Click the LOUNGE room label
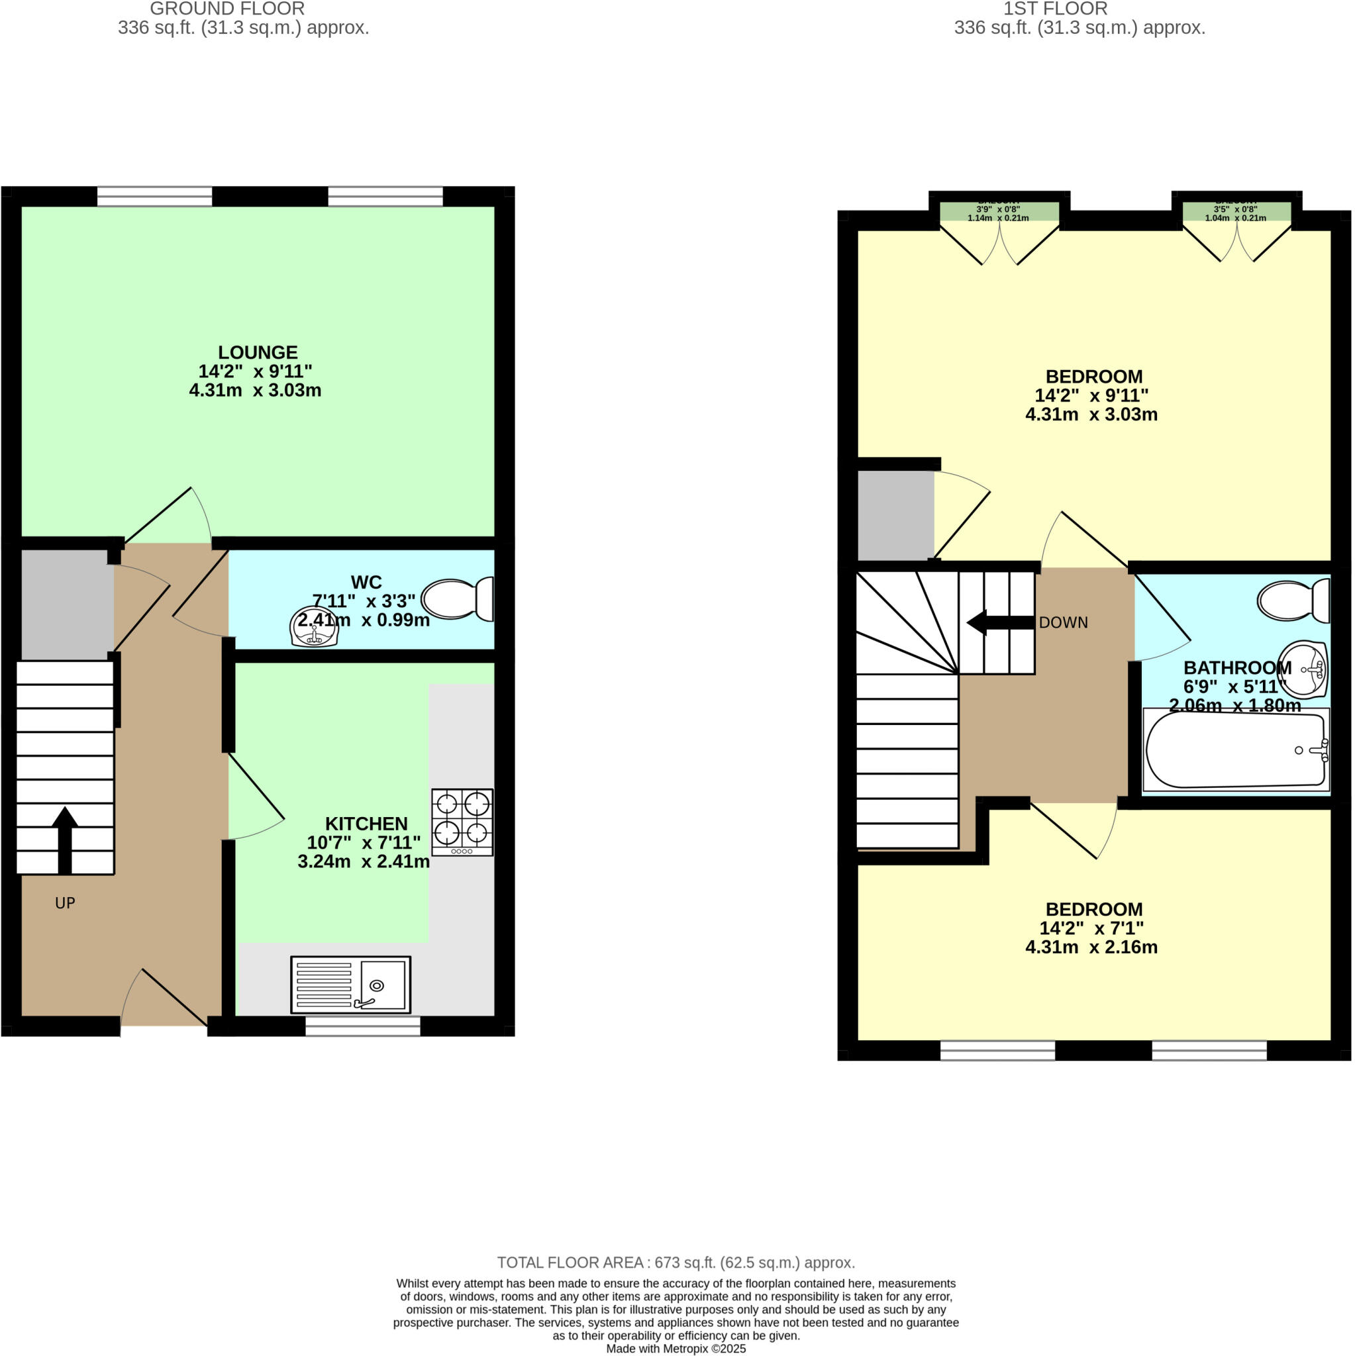pos(258,352)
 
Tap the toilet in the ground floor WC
pos(458,599)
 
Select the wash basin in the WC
pos(314,626)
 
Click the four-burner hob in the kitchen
pos(462,822)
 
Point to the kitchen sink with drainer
pos(350,984)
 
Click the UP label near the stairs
pos(65,903)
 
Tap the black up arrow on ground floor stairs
pos(65,839)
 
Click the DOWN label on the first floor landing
pos(1063,622)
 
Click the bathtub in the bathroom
pos(1236,750)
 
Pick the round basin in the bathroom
pos(1303,669)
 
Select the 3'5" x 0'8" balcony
pos(1236,211)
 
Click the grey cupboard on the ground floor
pos(67,604)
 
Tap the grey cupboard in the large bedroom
pos(895,515)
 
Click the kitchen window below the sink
pos(362,1026)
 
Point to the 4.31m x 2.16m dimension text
pos(1091,947)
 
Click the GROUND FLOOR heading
pos(226,9)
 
